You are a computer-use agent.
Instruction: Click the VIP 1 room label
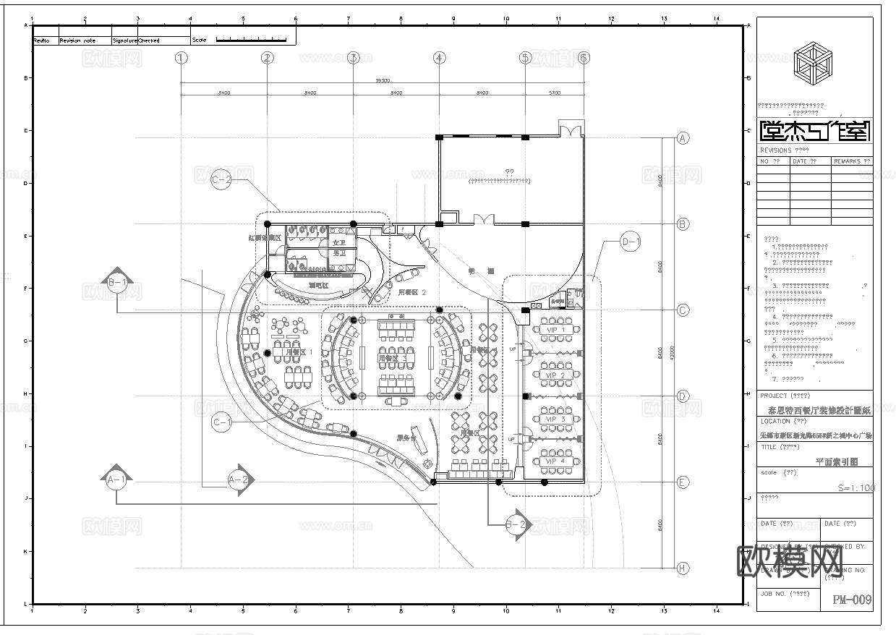click(x=555, y=330)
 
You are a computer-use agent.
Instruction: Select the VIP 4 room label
click(x=555, y=461)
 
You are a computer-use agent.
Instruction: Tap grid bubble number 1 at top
click(x=181, y=57)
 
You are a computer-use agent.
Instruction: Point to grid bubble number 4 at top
click(x=439, y=57)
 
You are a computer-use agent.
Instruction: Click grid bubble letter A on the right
click(x=682, y=138)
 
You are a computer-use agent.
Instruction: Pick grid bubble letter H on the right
click(x=682, y=568)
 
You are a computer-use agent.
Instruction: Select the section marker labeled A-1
click(x=116, y=479)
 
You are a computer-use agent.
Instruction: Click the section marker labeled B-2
click(x=516, y=525)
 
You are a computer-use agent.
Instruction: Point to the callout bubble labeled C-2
click(x=222, y=179)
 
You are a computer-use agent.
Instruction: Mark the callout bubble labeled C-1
click(x=222, y=422)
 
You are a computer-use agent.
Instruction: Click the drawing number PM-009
click(x=852, y=600)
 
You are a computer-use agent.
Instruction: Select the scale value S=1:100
click(x=856, y=488)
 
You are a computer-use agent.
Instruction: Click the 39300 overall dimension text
click(x=382, y=81)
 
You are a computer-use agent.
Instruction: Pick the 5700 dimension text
click(x=555, y=93)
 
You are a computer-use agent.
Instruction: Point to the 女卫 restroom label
click(x=339, y=242)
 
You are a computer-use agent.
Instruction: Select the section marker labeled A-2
click(x=239, y=479)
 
